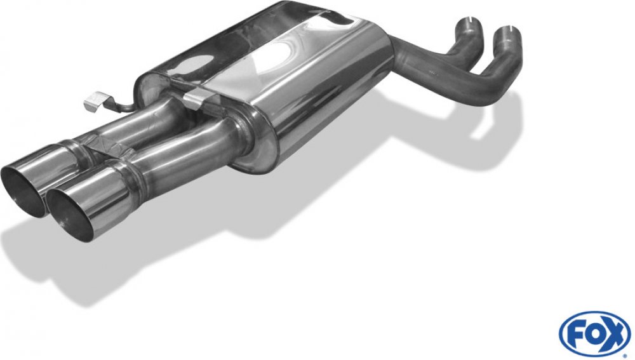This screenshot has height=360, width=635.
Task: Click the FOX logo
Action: click(595, 335)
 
